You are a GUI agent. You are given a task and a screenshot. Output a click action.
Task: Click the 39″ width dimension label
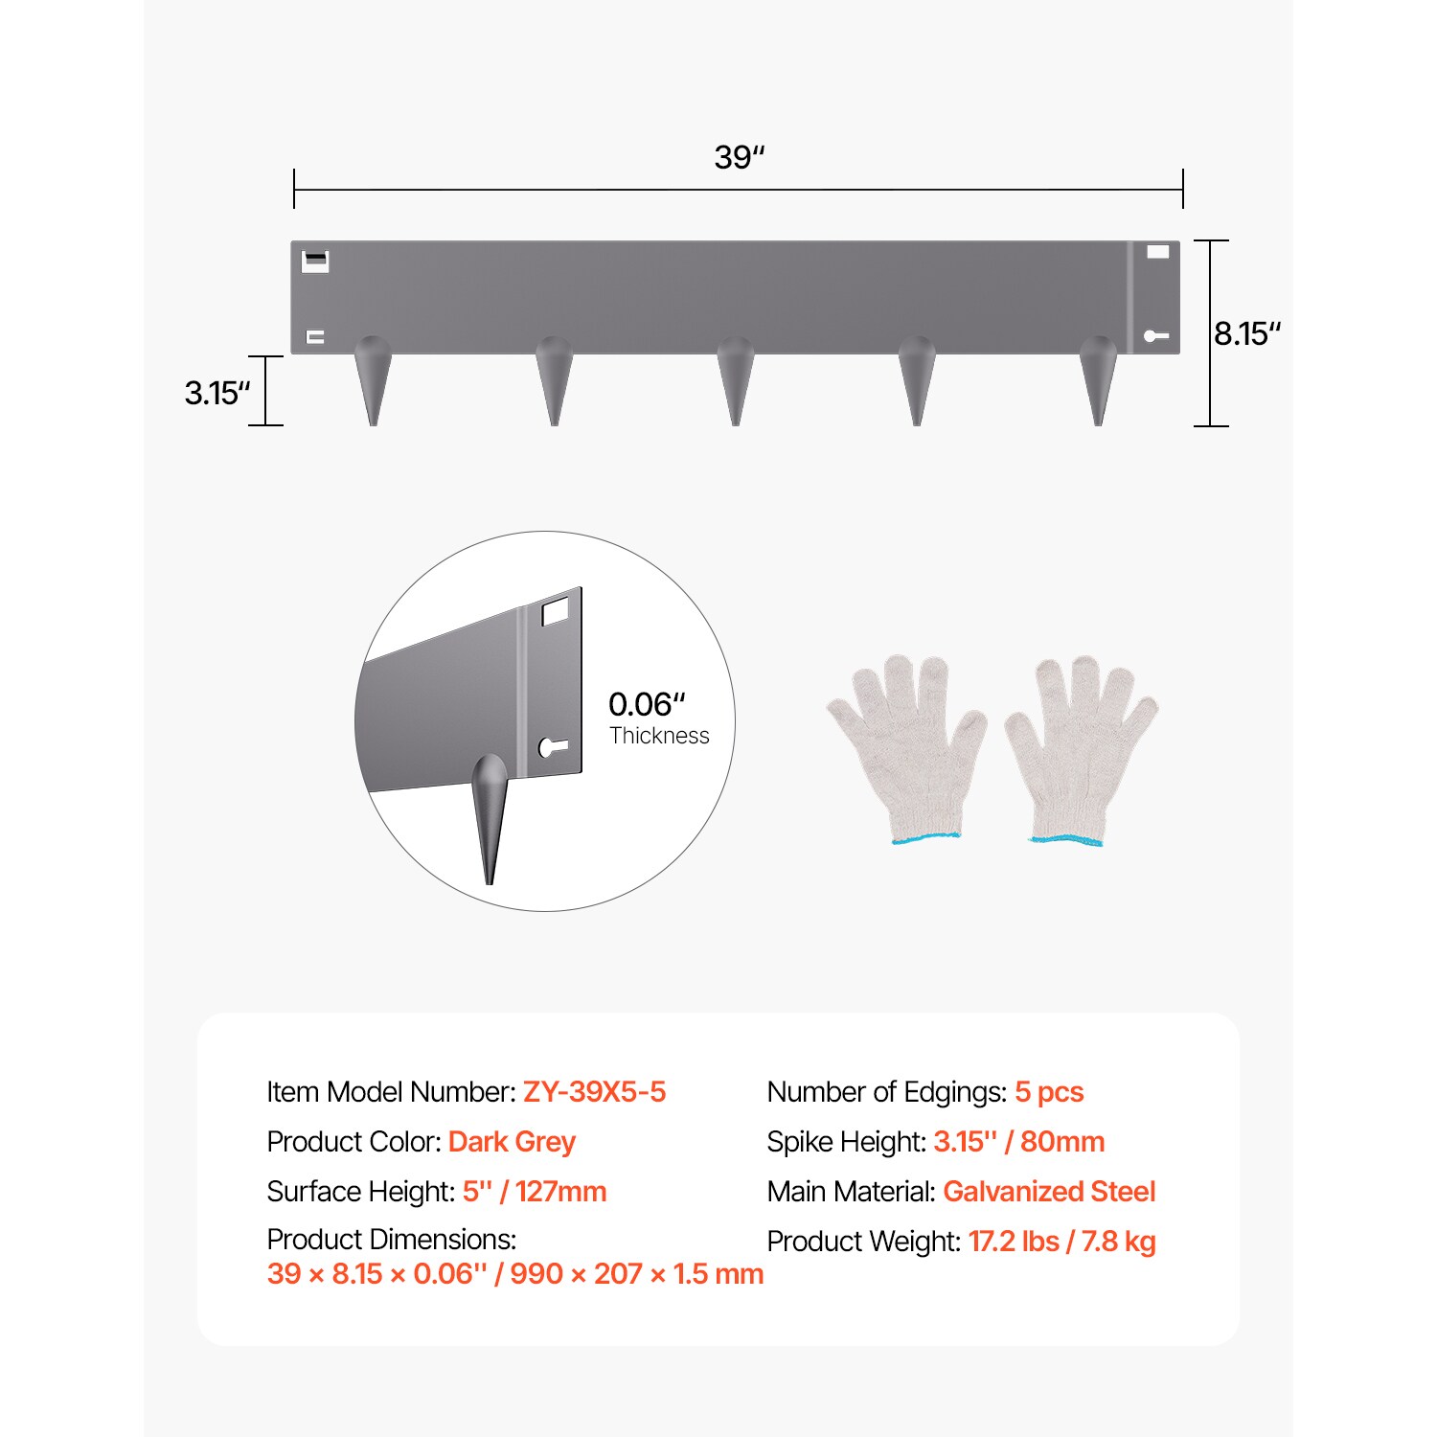(x=739, y=157)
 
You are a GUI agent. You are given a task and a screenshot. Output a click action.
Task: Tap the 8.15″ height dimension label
(x=1246, y=334)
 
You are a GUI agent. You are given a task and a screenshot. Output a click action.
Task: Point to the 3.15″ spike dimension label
(x=217, y=393)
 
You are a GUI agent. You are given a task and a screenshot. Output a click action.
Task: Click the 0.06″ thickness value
(x=647, y=704)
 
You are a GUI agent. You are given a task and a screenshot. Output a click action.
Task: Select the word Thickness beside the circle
(x=659, y=736)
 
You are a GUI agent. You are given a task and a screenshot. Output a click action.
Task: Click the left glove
(x=905, y=747)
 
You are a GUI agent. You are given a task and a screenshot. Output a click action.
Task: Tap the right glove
(x=1080, y=747)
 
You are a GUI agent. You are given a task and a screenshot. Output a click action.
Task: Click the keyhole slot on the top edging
(x=1155, y=336)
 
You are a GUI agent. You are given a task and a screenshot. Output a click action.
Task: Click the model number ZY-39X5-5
(x=594, y=1092)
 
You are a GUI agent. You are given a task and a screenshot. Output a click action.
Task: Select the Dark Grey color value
(x=512, y=1142)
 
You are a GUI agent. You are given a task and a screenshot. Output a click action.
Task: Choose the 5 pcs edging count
(x=1049, y=1092)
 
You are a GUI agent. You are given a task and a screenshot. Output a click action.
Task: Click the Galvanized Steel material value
(x=1049, y=1192)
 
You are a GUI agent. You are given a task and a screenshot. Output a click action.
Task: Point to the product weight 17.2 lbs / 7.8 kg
(x=1061, y=1242)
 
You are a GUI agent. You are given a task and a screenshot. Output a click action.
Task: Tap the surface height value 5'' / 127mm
(x=535, y=1192)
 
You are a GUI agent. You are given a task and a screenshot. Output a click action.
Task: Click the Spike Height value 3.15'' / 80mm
(x=1018, y=1142)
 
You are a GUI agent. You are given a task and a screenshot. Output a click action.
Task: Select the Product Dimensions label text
(x=391, y=1240)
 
